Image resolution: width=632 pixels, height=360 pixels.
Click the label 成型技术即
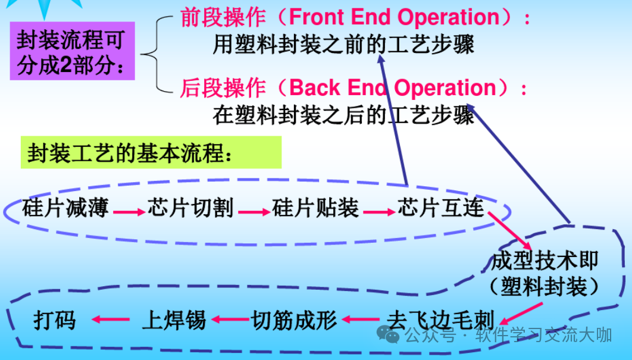545,261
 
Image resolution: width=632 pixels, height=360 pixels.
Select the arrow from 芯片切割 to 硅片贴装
254,211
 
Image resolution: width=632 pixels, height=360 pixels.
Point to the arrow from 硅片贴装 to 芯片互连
378,211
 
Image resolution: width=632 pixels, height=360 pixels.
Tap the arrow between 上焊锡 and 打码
111,320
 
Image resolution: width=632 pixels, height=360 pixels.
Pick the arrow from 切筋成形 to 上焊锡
229,320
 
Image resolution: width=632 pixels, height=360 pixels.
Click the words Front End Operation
393,17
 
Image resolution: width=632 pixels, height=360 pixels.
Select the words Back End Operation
393,88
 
